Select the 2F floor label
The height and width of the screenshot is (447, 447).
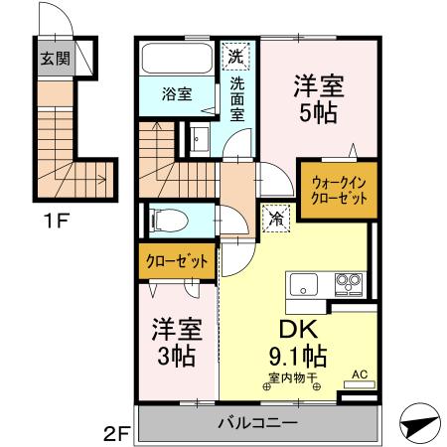[x=117, y=434]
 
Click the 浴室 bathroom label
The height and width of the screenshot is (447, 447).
[x=176, y=95]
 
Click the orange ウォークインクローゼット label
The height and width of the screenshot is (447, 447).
[x=340, y=189]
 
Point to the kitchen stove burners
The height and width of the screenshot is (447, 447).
[x=348, y=284]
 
